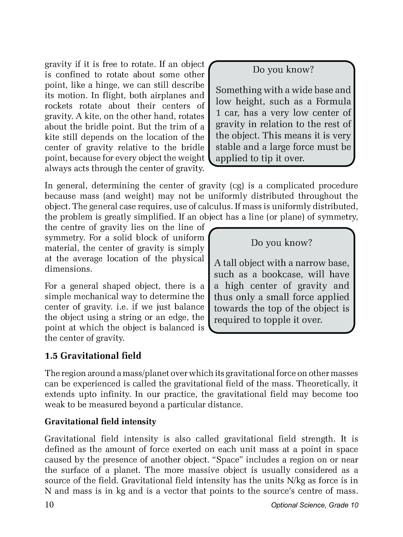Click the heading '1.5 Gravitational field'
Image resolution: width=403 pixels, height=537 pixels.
93,356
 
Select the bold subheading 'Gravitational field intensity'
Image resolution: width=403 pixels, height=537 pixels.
100,421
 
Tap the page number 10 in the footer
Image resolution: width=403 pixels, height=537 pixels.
49,505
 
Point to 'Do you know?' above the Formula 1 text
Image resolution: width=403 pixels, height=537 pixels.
283,70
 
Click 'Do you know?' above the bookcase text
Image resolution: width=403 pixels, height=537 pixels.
282,243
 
